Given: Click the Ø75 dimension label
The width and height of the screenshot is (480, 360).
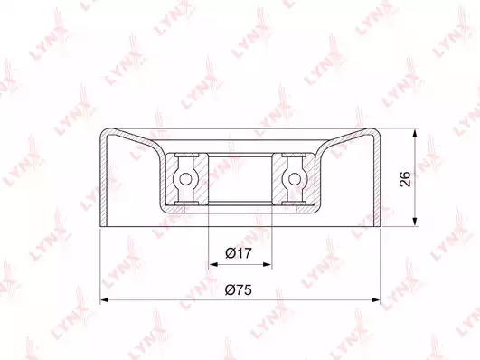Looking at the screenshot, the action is [238, 289].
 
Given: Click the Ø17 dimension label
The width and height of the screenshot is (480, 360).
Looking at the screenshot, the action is [239, 253].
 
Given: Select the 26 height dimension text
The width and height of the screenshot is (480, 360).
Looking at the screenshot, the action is [405, 179].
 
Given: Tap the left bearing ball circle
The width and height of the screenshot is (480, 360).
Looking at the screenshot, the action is [185, 179].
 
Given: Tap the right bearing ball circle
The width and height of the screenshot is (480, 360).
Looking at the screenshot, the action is [295, 179].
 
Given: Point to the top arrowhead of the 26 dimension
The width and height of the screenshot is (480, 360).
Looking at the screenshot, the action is [415, 134].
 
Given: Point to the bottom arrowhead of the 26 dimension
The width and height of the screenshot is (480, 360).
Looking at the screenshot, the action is [415, 222].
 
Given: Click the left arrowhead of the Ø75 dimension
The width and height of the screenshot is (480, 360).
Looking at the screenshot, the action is [105, 299].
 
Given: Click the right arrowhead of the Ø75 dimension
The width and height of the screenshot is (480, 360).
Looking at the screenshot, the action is [376, 299].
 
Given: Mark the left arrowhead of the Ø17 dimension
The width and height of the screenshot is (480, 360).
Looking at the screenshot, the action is [212, 264].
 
